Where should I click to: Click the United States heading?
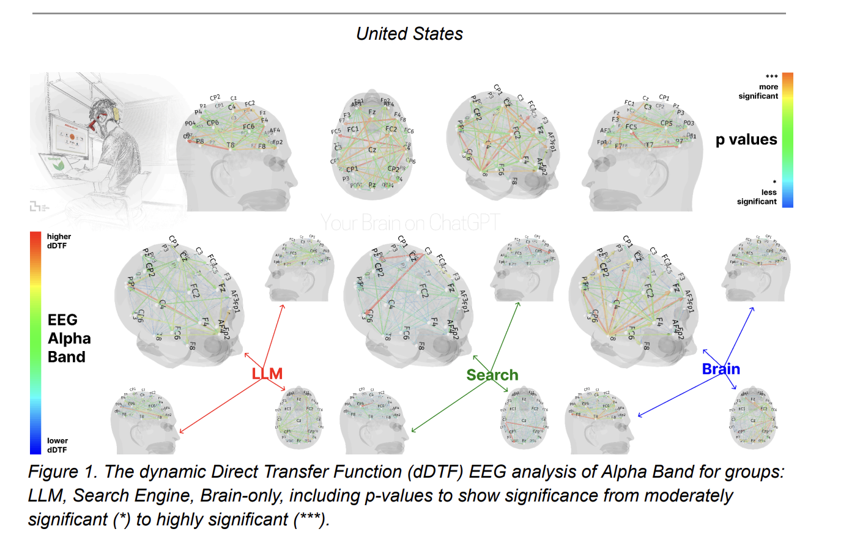pyautogui.click(x=409, y=34)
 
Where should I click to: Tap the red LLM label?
pyautogui.click(x=267, y=374)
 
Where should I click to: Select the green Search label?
pyautogui.click(x=492, y=375)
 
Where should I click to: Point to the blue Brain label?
pyautogui.click(x=721, y=369)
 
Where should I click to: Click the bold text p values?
pyautogui.click(x=746, y=139)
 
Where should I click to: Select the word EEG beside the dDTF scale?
pyautogui.click(x=62, y=320)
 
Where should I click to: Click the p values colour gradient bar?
pyautogui.click(x=787, y=139)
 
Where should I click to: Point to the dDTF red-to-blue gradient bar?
pyautogui.click(x=36, y=343)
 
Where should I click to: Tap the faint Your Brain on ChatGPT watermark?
pyautogui.click(x=410, y=223)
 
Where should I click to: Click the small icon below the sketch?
pyautogui.click(x=39, y=207)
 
